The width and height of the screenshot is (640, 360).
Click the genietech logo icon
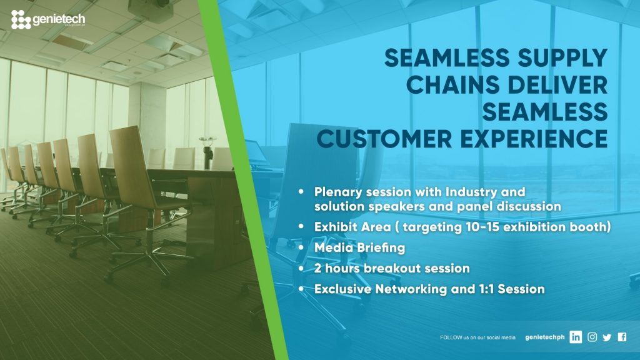click(21, 19)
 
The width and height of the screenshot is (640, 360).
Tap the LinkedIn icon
click(576, 337)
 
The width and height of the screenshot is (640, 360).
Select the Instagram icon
click(592, 337)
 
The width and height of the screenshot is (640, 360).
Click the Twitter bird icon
click(607, 337)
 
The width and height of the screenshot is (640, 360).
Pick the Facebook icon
click(622, 337)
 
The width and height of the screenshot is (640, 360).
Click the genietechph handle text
click(544, 337)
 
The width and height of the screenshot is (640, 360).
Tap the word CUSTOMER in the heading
click(384, 139)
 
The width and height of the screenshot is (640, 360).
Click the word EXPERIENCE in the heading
click(534, 139)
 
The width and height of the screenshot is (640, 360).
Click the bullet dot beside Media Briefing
click(301, 247)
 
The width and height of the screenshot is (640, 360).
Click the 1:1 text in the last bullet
click(485, 289)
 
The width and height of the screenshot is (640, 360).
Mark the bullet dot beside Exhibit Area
click(301, 226)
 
